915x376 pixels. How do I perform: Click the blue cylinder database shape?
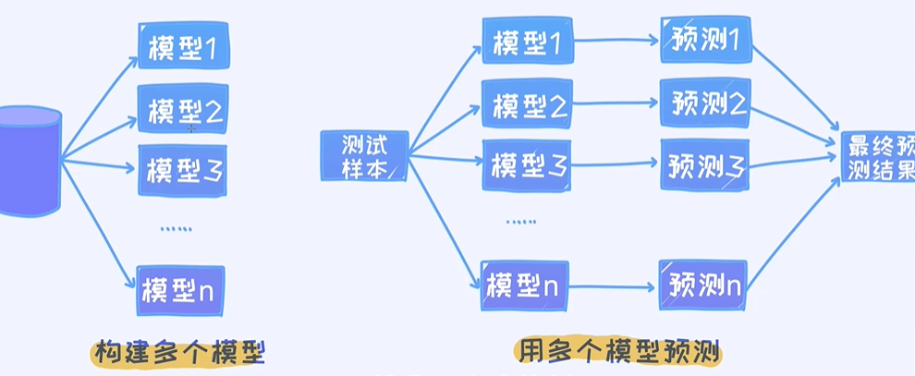(x=30, y=162)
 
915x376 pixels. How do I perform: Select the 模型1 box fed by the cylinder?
(x=182, y=47)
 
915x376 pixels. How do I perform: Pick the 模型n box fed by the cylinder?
(x=181, y=290)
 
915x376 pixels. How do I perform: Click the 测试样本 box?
(x=363, y=155)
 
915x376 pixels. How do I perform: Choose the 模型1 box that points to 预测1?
(x=528, y=42)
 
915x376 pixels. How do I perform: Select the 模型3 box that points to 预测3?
(x=527, y=165)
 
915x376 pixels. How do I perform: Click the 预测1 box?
(x=705, y=41)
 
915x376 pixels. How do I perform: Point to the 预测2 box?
(x=704, y=103)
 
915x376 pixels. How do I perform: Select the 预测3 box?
(x=704, y=165)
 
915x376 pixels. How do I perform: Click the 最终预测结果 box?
(x=879, y=156)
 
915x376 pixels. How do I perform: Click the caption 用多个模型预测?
(x=617, y=351)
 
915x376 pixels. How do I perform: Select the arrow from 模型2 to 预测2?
(x=616, y=103)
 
